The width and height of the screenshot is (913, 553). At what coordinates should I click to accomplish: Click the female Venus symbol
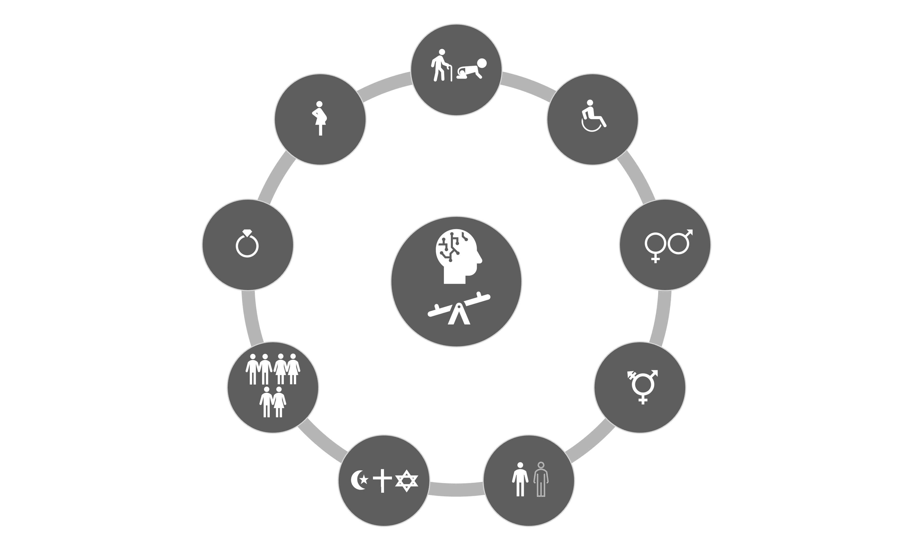tap(655, 246)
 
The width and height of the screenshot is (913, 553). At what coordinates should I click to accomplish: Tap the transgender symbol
tap(642, 386)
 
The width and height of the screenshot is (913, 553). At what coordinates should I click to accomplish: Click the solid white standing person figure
tap(520, 479)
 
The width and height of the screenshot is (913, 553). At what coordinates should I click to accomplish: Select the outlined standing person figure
tap(541, 479)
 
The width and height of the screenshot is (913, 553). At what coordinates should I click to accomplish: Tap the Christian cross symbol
tap(382, 480)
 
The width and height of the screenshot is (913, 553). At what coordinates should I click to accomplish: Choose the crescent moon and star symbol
tap(359, 480)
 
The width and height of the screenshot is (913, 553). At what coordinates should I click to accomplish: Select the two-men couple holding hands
tap(259, 369)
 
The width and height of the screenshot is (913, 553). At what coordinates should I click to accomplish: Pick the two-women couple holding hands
tap(287, 369)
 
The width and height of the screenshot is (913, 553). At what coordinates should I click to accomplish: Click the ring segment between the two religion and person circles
tap(457, 489)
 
